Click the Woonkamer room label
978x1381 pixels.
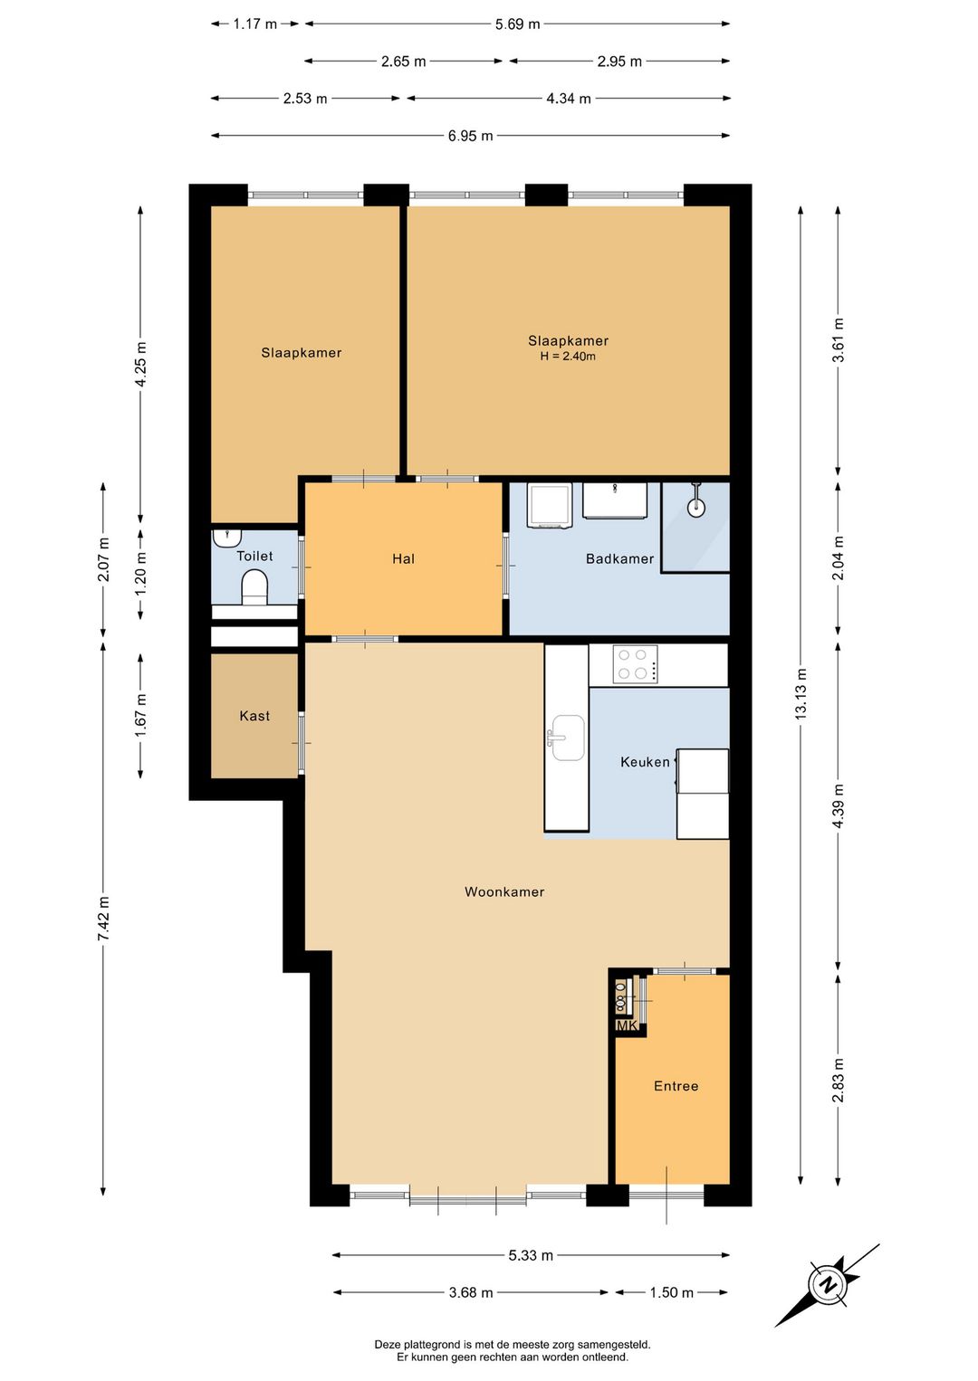(504, 892)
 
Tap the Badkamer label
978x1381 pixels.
(619, 558)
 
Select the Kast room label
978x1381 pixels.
(254, 716)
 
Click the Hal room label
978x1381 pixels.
(404, 558)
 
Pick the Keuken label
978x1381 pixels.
(645, 762)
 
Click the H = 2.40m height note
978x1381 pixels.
(568, 357)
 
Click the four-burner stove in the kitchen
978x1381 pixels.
(635, 664)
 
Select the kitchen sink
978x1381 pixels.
(566, 738)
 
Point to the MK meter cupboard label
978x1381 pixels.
(627, 1025)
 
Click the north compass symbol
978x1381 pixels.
(827, 1285)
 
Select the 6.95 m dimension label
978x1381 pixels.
(470, 136)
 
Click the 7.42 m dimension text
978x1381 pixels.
(103, 918)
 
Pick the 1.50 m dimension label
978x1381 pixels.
(671, 1292)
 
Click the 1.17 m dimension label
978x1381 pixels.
(254, 24)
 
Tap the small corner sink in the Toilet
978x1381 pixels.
(225, 537)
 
